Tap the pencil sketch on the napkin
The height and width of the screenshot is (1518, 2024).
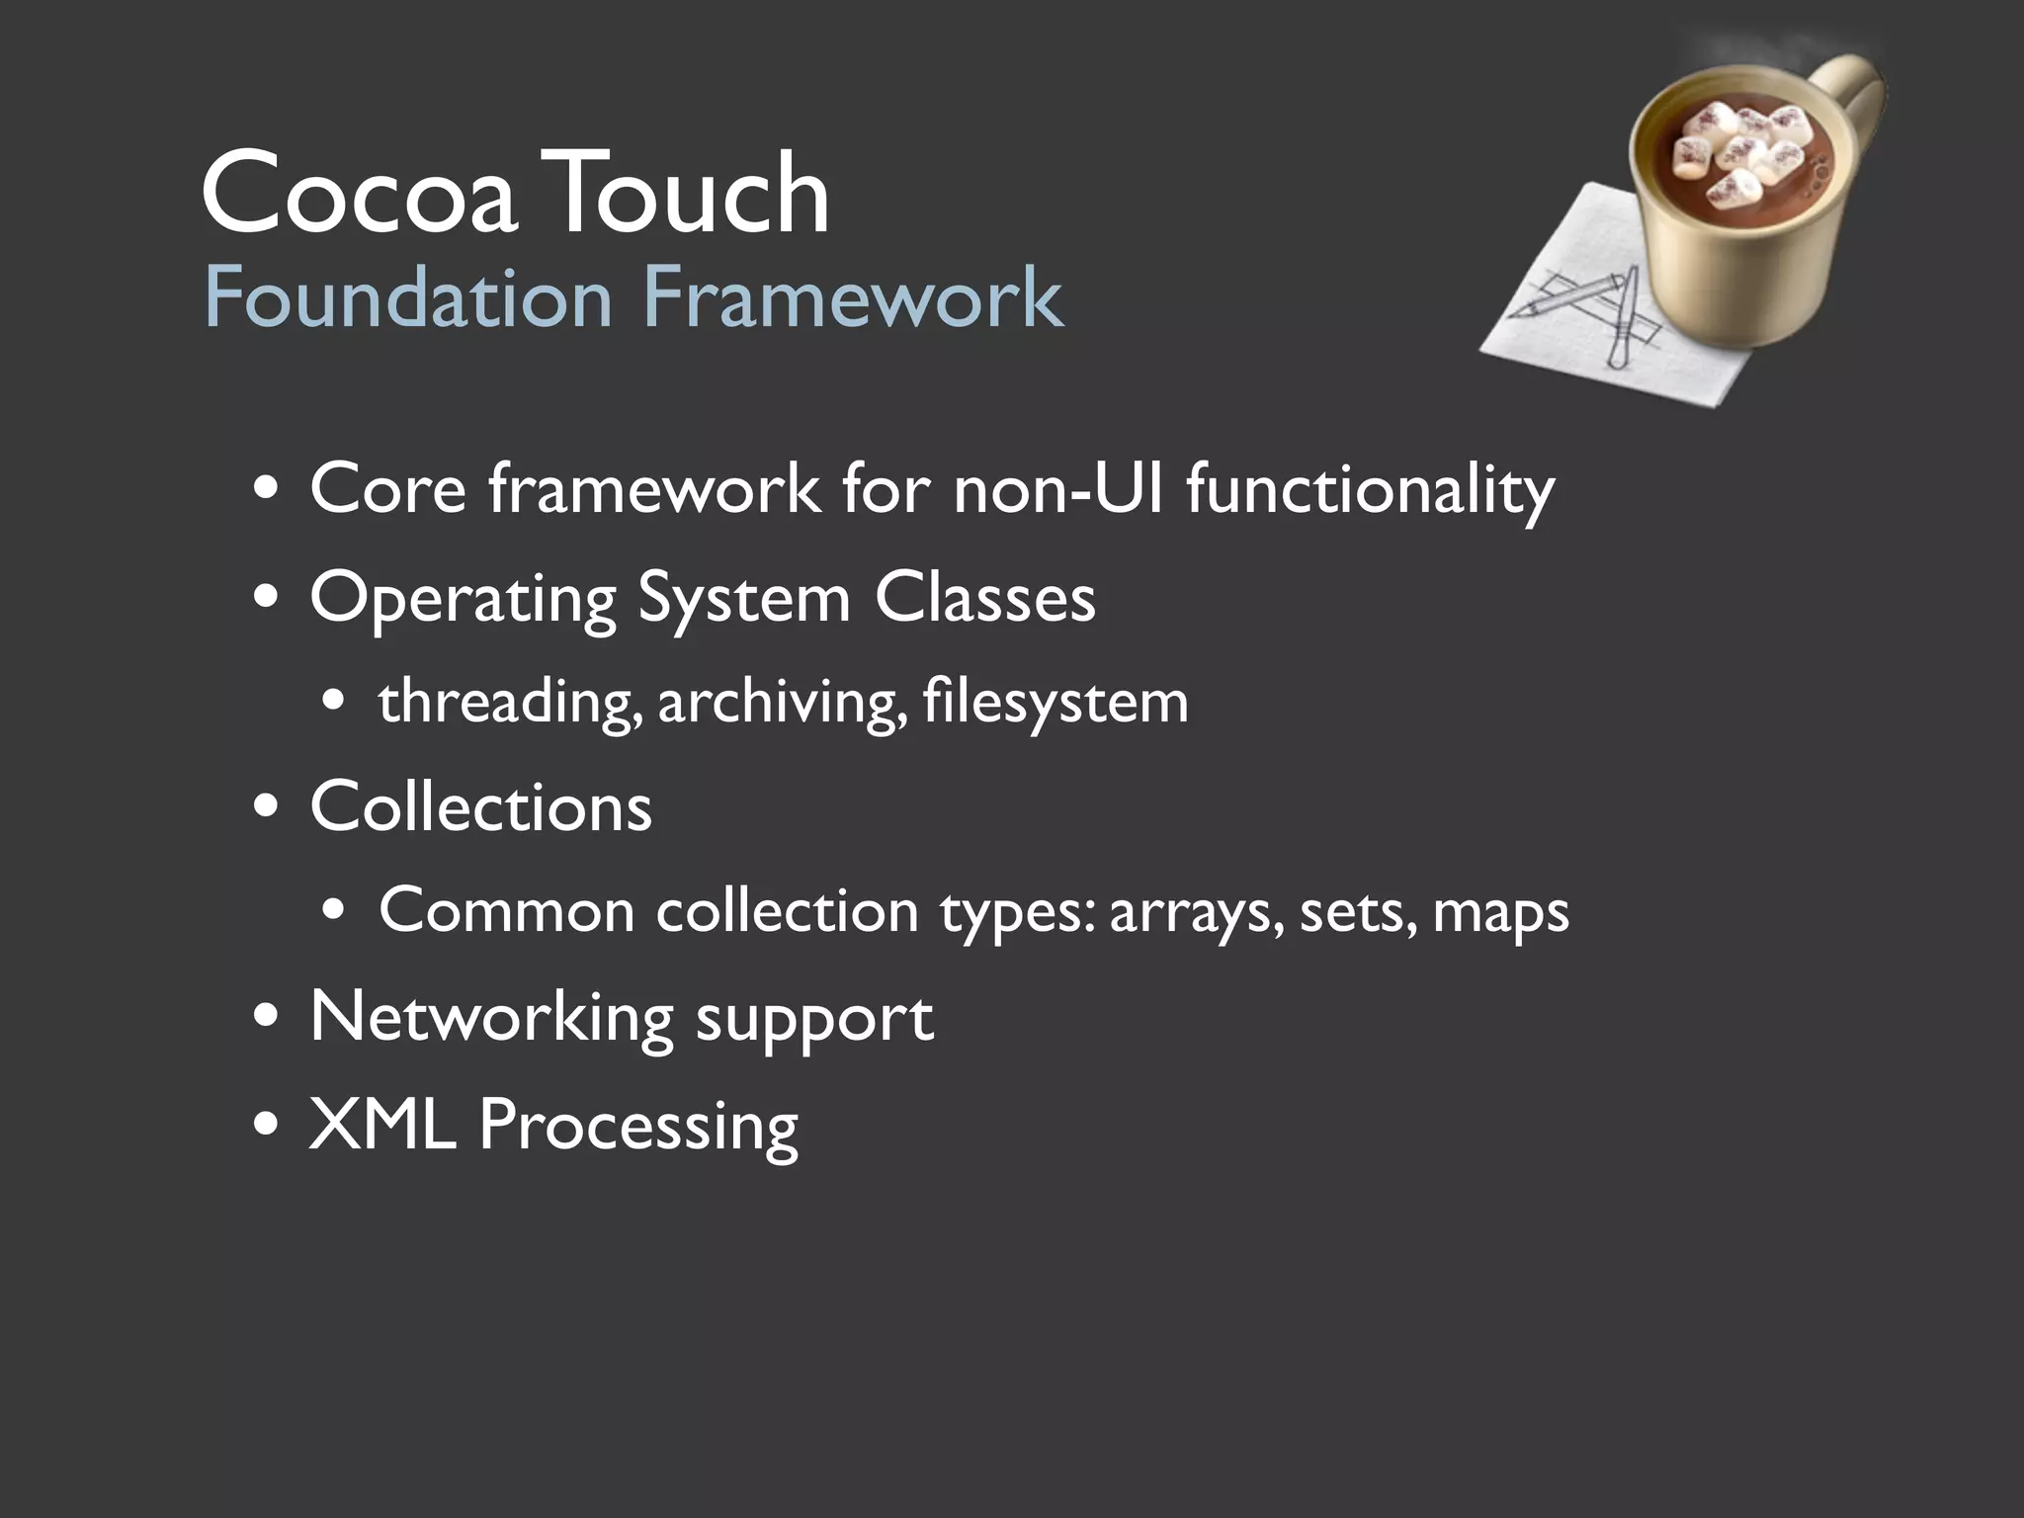pyautogui.click(x=1581, y=306)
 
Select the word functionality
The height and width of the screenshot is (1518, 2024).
pyautogui.click(x=1370, y=490)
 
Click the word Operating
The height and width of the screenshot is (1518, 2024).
pyautogui.click(x=463, y=599)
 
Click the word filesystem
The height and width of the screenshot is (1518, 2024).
pyautogui.click(x=1054, y=703)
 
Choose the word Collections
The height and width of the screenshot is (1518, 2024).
pyautogui.click(x=480, y=806)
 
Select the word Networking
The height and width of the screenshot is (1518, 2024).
pyautogui.click(x=491, y=1018)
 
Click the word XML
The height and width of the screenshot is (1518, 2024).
pyautogui.click(x=382, y=1124)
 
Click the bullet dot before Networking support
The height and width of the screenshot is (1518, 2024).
pyautogui.click(x=266, y=1019)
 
